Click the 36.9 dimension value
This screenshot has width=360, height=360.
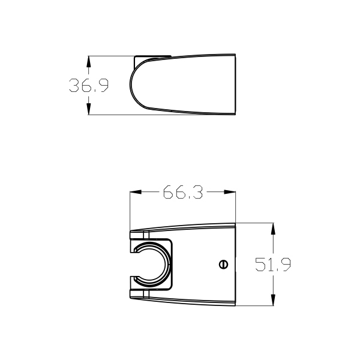[88, 86]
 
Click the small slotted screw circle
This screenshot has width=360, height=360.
[223, 263]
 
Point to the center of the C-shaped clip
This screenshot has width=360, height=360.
[151, 263]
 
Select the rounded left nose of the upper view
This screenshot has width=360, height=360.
[131, 85]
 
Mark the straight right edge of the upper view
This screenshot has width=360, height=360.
[236, 85]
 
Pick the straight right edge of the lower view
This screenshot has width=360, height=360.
[236, 265]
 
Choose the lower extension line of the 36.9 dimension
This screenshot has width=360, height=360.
[114, 115]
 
